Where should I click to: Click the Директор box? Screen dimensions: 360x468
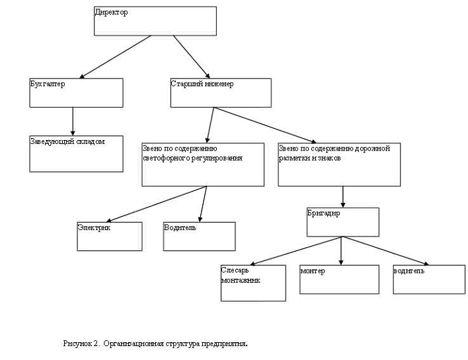(x=155, y=20)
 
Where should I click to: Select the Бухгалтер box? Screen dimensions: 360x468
(x=77, y=92)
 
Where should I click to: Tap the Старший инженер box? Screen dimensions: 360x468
(x=221, y=92)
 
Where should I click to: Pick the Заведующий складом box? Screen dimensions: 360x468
(x=77, y=154)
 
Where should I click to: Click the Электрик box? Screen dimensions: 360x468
(x=110, y=236)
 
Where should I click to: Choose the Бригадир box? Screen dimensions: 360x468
(x=342, y=222)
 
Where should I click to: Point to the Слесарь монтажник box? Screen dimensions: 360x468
(x=253, y=283)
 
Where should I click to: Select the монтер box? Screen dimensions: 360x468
(x=339, y=279)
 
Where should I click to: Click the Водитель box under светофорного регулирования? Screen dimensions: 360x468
(x=199, y=236)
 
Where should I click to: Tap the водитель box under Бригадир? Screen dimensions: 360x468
(x=428, y=279)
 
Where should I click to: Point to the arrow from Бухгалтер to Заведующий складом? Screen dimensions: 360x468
(x=73, y=122)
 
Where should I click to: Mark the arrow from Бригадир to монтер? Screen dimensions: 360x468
(x=341, y=250)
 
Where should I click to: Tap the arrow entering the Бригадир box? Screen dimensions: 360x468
(x=342, y=196)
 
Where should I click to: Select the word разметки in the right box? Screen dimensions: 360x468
(x=295, y=159)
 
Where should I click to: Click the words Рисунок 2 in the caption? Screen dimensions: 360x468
(x=80, y=343)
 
